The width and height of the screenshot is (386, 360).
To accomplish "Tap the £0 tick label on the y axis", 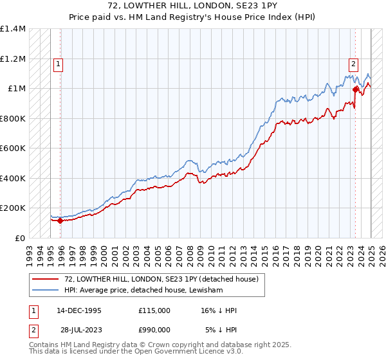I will (19, 238).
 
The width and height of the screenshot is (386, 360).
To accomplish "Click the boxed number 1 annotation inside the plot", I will (59, 64).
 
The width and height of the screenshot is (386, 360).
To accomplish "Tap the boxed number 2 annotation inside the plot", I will (354, 64).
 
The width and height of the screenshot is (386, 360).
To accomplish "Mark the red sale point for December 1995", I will (60, 221).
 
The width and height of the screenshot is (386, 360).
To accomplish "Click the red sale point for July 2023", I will (355, 91).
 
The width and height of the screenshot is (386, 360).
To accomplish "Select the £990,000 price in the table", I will (154, 329).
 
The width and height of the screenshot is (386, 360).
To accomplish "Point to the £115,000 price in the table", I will (154, 310).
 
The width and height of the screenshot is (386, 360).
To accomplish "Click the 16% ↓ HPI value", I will (219, 310).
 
